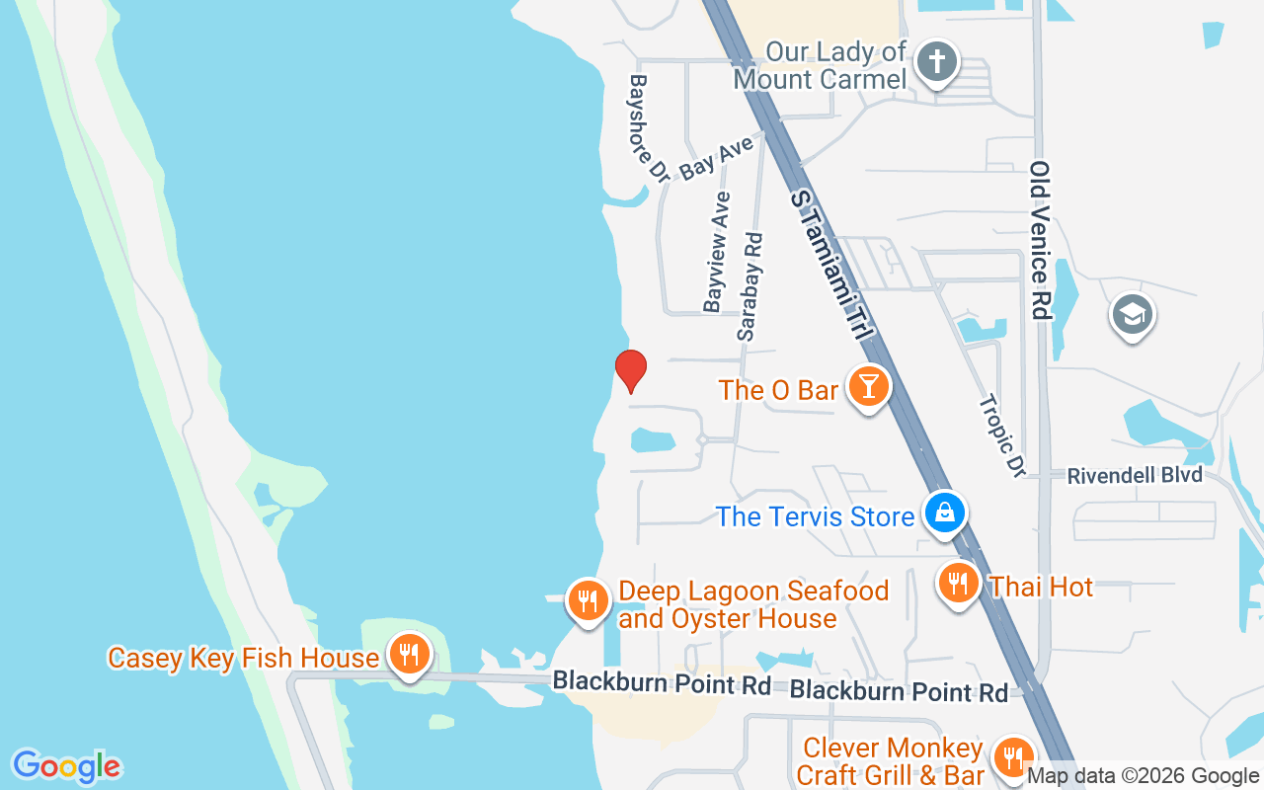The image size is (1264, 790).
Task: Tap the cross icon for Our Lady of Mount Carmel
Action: point(936,63)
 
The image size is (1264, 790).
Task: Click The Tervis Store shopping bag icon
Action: point(945,513)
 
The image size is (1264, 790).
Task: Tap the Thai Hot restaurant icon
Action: point(957,584)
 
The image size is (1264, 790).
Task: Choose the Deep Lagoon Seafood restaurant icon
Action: point(588,599)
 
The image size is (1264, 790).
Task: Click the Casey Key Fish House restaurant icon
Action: point(408,654)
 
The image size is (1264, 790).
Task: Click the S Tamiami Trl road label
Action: point(831,267)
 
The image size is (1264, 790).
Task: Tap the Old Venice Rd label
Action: point(1039,240)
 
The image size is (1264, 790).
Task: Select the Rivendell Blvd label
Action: point(1135,476)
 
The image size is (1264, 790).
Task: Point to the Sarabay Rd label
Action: point(750,286)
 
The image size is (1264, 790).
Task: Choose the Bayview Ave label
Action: point(718,252)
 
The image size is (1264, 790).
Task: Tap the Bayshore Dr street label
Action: point(649,127)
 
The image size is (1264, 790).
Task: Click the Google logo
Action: point(66,766)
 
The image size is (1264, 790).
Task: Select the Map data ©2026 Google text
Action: point(1143,776)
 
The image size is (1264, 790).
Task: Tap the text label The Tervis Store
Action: point(815,516)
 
